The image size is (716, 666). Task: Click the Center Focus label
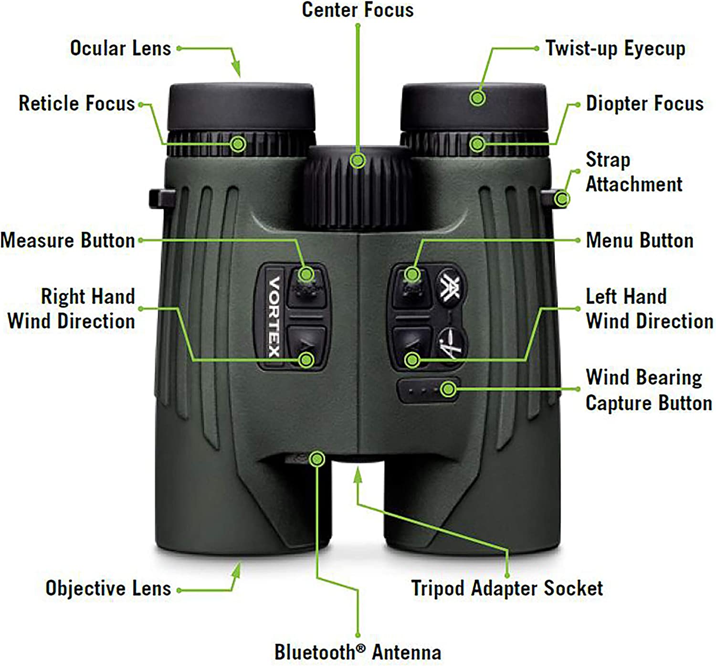click(x=358, y=10)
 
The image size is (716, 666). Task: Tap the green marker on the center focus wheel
click(x=358, y=160)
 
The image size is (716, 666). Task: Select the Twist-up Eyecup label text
click(x=615, y=49)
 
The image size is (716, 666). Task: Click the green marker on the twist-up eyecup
click(x=477, y=98)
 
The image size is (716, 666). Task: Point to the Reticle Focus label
click(x=77, y=104)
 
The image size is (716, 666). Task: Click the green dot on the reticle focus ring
click(x=238, y=143)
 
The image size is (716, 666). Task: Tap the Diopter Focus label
click(x=644, y=104)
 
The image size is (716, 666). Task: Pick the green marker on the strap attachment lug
click(x=562, y=198)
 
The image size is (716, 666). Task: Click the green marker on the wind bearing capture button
click(x=448, y=390)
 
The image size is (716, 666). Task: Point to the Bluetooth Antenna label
click(x=358, y=652)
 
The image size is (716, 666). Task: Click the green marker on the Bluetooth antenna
click(x=316, y=459)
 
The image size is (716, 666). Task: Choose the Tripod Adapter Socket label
click(x=507, y=588)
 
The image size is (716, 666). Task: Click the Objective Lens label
click(x=108, y=588)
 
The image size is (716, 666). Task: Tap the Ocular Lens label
click(x=120, y=49)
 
